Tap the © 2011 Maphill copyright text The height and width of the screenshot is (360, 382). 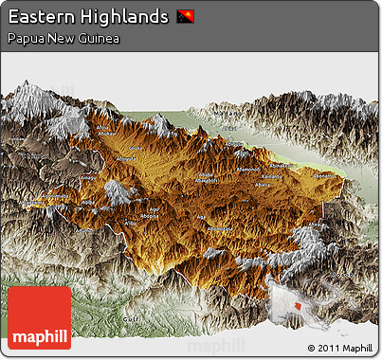[x=340, y=349]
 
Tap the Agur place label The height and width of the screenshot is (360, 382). [x=155, y=208]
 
